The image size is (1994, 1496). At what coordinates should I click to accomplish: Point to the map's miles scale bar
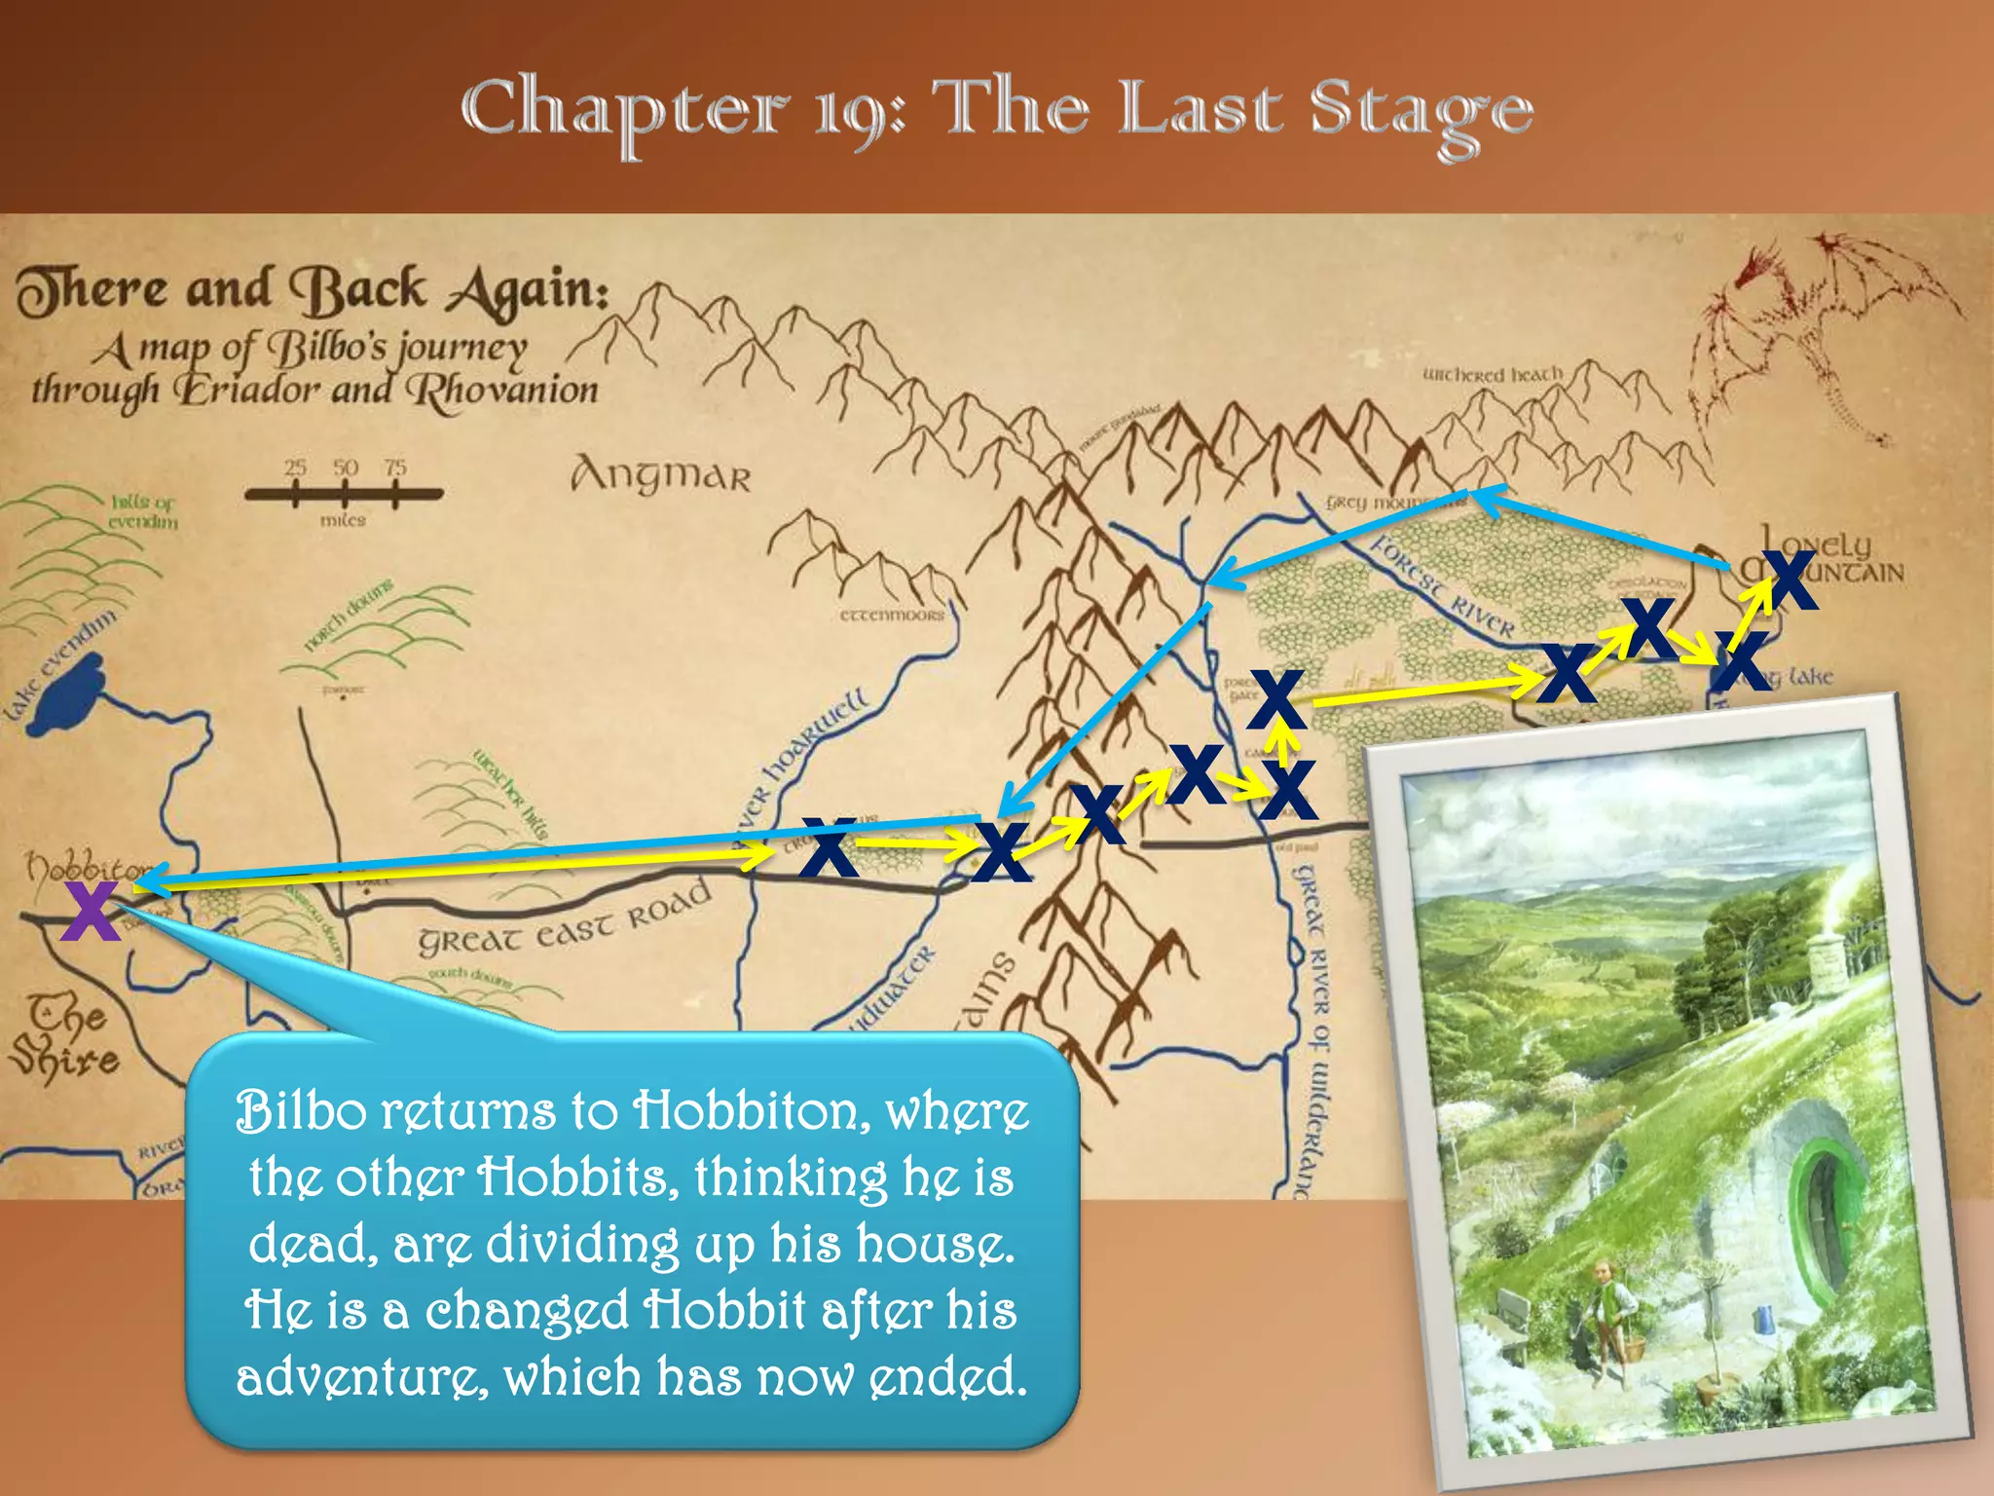pos(344,494)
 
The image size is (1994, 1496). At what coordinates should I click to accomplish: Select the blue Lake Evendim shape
pos(66,692)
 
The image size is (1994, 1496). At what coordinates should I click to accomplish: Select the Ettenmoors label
pos(892,616)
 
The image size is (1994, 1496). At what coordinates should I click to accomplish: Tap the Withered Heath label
pos(1492,375)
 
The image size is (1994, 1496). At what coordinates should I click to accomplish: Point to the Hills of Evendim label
pos(143,511)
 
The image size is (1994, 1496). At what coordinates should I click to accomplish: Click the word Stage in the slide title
pos(1421,112)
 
